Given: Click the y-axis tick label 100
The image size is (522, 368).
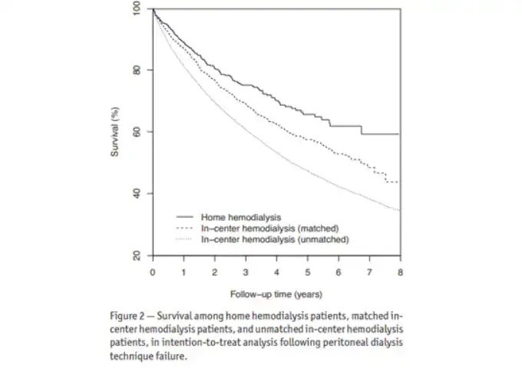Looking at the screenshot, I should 137,9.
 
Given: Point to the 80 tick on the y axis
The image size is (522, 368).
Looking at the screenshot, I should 137,71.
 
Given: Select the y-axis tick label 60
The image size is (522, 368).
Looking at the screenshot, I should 137,132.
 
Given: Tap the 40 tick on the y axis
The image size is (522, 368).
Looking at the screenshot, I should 137,193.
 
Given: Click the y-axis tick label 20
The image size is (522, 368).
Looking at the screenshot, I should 137,255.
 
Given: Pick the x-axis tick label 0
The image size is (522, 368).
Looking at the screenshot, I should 153,272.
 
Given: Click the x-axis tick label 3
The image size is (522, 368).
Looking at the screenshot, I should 246,272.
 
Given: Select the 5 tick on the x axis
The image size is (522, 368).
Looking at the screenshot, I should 308,272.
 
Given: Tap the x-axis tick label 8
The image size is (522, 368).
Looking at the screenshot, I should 400,272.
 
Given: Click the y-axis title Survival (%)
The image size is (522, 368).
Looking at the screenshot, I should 115,132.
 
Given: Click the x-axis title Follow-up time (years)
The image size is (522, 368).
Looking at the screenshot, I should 276,294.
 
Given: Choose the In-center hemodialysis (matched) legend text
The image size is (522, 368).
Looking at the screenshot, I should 269,228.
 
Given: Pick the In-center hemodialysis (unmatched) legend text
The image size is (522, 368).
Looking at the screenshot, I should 275,239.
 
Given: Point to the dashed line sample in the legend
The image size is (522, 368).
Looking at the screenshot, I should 184,228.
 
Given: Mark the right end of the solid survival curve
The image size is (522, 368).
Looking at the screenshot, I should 399,134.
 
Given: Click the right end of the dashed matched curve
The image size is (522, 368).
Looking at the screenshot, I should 399,182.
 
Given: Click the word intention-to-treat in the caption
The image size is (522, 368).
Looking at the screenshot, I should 209,343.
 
